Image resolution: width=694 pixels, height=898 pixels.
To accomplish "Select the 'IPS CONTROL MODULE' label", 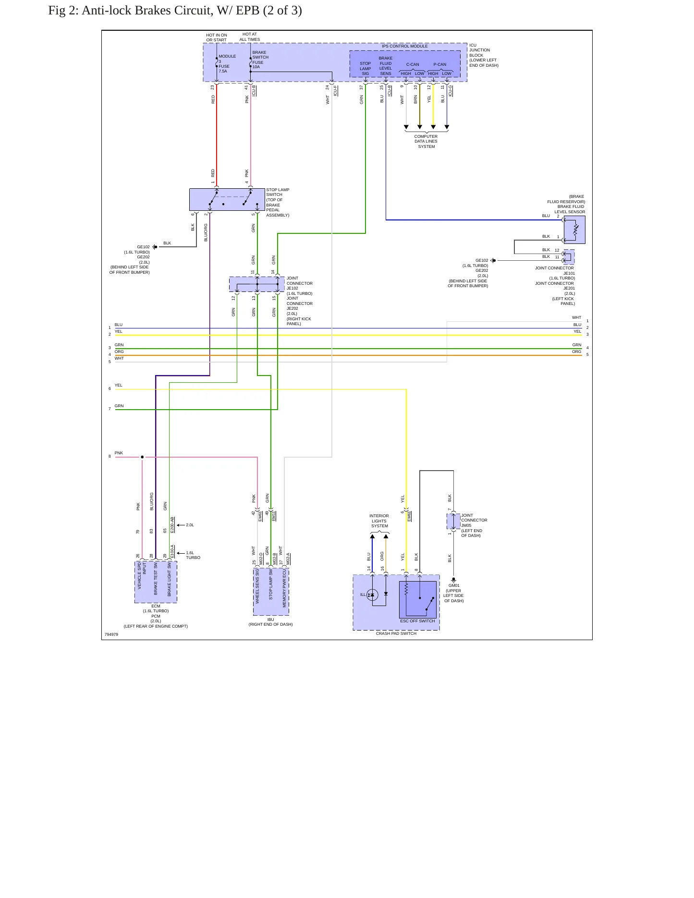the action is point(404,47).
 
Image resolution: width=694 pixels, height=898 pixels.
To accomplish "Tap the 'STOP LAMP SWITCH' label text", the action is point(278,192).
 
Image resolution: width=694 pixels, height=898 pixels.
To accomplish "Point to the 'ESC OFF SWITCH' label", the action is point(417,621).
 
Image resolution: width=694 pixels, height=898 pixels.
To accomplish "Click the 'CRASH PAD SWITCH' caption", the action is point(396,633).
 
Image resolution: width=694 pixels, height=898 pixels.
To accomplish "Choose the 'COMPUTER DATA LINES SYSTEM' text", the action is point(426,142).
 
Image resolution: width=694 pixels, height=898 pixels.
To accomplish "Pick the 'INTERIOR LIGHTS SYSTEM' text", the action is point(379,521).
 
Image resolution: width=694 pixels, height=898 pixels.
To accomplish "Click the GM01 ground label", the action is point(454,585).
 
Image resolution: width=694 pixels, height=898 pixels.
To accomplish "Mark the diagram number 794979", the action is point(111,634).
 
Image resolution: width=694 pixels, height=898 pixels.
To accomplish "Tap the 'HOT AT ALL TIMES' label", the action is point(250,37).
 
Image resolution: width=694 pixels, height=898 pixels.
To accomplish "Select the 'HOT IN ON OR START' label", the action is point(217,37).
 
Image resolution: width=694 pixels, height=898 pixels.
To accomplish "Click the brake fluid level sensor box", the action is point(574,230).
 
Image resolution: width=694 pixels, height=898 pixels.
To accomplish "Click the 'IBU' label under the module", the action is point(271,619).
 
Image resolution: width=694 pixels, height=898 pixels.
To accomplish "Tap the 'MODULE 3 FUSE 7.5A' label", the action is point(227,64).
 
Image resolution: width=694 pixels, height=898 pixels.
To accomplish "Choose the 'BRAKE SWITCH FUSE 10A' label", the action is point(260,60).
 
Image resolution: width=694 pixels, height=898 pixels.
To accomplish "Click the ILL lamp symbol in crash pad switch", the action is point(372,595).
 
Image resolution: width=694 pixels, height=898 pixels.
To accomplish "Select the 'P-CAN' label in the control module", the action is point(440,64).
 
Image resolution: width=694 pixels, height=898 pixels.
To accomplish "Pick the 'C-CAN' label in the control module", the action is point(413,64).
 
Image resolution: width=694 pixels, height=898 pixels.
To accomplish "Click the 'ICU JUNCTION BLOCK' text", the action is point(480,50).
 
